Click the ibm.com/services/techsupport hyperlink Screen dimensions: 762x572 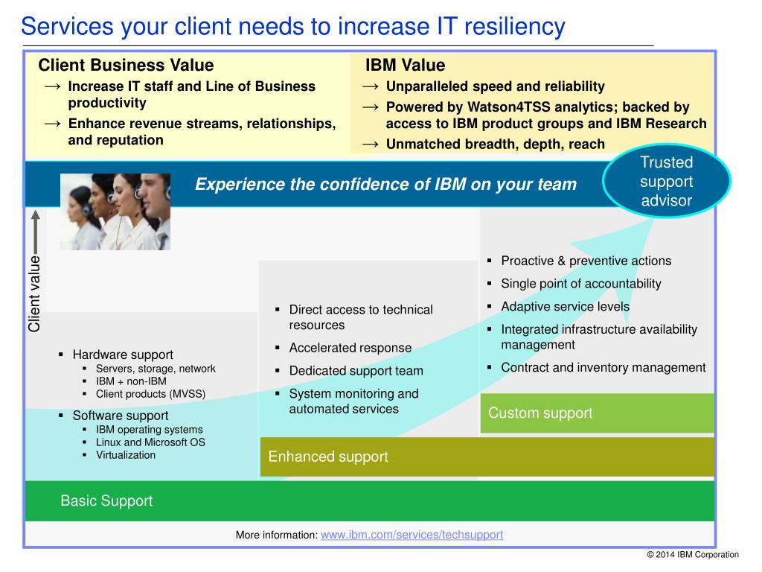[x=412, y=535]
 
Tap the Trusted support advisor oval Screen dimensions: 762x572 [x=666, y=181]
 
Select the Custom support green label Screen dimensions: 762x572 [x=540, y=413]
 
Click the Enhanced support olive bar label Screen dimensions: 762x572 [x=328, y=457]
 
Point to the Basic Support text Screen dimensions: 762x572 [x=106, y=500]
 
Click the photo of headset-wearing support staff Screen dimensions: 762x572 [x=115, y=212]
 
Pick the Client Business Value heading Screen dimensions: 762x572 [x=126, y=65]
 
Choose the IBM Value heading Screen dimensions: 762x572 [x=405, y=65]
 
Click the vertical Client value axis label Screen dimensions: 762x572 [x=34, y=293]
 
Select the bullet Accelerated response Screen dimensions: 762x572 [x=350, y=348]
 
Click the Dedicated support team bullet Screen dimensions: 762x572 [x=356, y=371]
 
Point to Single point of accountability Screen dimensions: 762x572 [x=581, y=284]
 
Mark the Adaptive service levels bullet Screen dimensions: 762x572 [x=566, y=306]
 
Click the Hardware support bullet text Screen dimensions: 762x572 [x=123, y=355]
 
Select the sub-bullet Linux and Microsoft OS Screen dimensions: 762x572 [x=150, y=442]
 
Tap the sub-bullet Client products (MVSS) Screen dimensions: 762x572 [x=150, y=394]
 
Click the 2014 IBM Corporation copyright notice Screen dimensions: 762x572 [x=693, y=554]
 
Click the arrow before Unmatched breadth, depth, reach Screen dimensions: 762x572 [x=371, y=144]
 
